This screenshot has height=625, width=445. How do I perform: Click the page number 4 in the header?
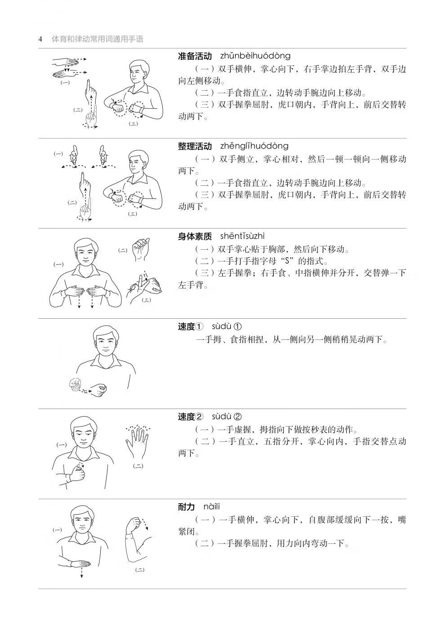(40, 39)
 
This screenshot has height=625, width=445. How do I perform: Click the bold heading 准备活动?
(195, 56)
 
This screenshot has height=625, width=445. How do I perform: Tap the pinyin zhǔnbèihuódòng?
(255, 56)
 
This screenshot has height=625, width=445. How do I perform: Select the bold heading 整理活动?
(195, 146)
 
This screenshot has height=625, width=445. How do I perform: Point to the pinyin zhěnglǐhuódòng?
(254, 146)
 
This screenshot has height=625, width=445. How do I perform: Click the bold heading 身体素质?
(195, 237)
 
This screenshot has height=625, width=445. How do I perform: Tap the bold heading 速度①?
(191, 327)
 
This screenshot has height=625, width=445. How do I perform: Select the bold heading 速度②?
(191, 417)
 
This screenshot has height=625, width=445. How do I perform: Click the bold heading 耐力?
(187, 507)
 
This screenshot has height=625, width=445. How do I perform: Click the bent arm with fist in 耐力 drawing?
(134, 537)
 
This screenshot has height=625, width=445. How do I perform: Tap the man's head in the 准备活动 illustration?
(139, 72)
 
